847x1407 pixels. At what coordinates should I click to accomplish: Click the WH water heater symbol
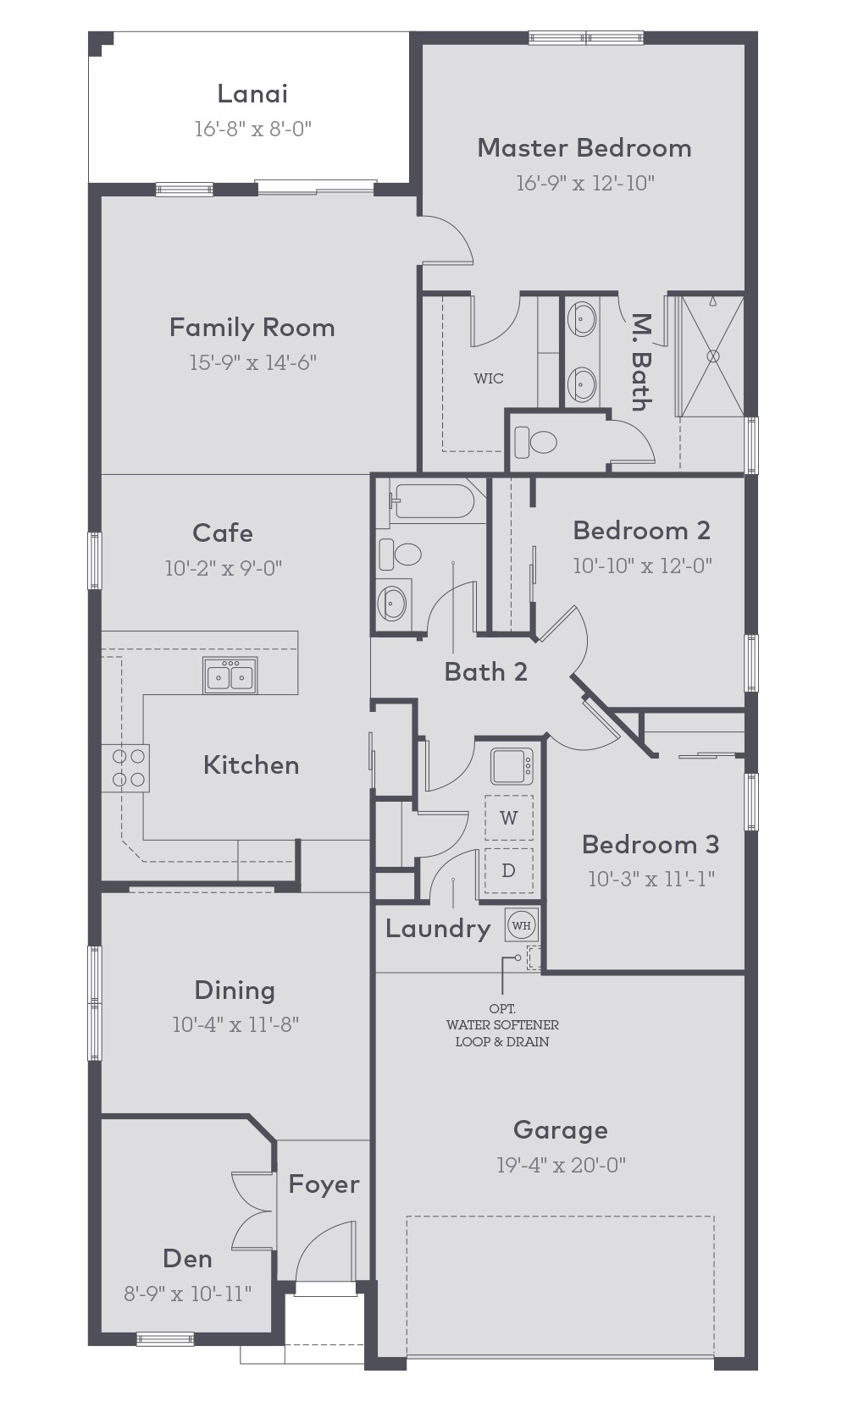tap(521, 925)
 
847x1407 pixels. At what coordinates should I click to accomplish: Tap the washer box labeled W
tap(508, 818)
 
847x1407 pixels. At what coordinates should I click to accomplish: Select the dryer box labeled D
tap(508, 870)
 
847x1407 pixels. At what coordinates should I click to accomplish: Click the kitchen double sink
tap(230, 676)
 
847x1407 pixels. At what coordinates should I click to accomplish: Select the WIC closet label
tap(489, 378)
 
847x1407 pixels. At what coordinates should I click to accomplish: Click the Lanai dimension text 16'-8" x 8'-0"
tap(253, 129)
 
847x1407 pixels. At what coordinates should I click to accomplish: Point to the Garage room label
tap(560, 1130)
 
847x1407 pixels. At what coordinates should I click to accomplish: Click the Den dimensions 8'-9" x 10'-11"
tap(187, 1294)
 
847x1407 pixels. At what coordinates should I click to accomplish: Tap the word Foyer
tap(324, 1184)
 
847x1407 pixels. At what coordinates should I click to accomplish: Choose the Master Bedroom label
tap(584, 148)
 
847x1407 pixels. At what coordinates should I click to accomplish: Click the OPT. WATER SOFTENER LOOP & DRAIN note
tap(502, 1025)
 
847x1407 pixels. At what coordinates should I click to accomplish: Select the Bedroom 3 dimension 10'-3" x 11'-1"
tap(650, 879)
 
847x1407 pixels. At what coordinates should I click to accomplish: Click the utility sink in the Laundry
tap(512, 767)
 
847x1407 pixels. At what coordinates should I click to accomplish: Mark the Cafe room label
tap(223, 532)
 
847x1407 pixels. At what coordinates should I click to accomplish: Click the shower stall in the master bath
tap(713, 356)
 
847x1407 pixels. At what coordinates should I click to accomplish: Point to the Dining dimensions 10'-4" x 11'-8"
tap(235, 1024)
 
